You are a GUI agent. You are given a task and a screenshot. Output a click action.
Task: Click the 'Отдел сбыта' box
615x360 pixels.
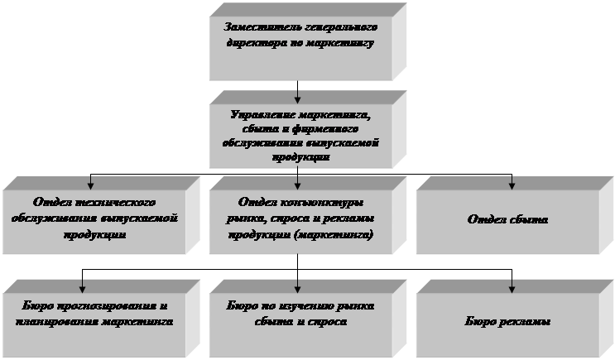507,221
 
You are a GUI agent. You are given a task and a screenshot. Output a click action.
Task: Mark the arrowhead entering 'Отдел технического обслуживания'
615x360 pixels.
90,183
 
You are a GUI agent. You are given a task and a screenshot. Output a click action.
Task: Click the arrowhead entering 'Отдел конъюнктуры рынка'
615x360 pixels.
297,183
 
